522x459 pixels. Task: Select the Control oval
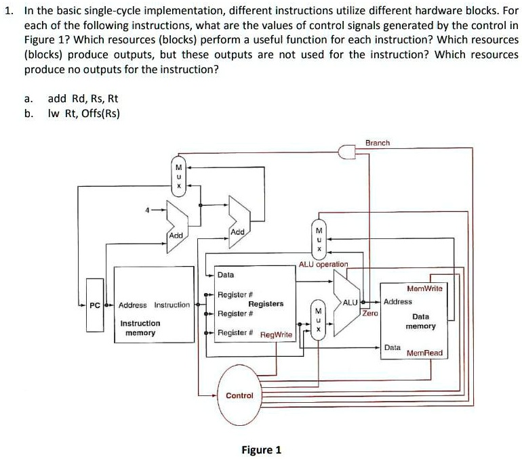coord(239,394)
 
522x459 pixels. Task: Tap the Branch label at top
coord(378,143)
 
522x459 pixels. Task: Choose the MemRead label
coord(424,353)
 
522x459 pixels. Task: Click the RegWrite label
coord(276,334)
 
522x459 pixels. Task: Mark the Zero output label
coord(370,313)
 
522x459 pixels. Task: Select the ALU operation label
coord(323,264)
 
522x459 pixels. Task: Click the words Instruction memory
coord(140,328)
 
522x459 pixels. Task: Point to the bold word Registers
coord(266,304)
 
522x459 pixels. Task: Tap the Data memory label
coord(420,321)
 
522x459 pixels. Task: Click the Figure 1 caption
coord(261,450)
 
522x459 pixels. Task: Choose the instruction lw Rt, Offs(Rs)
coord(83,113)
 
